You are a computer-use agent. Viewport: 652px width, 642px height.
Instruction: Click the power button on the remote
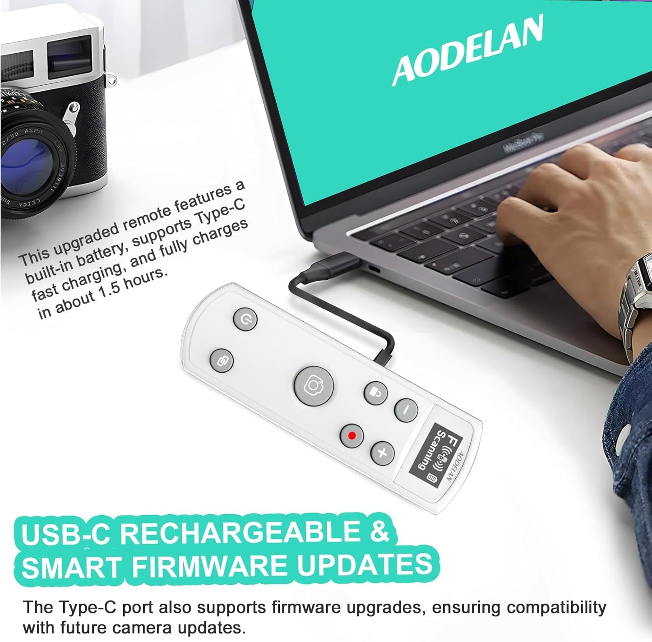pyautogui.click(x=245, y=319)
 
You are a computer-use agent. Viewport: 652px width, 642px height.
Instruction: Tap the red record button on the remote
pyautogui.click(x=352, y=436)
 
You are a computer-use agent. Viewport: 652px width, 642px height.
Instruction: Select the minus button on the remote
pyautogui.click(x=406, y=410)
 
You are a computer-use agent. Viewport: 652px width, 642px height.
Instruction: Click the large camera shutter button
pyautogui.click(x=314, y=386)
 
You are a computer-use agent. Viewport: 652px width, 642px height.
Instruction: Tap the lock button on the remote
pyautogui.click(x=375, y=393)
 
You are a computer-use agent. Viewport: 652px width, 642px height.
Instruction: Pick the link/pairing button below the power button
pyautogui.click(x=222, y=361)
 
